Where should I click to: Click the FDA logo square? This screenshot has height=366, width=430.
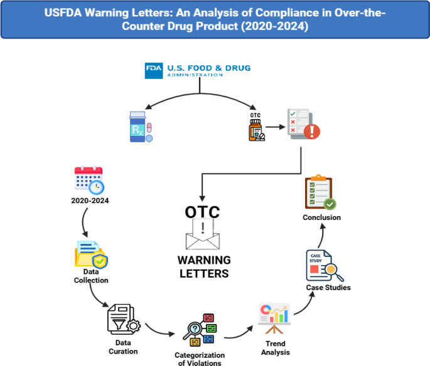(153, 70)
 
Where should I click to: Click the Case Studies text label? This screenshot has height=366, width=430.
(328, 288)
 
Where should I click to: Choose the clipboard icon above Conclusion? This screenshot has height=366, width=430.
(320, 193)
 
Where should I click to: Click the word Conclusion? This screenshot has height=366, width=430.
(320, 217)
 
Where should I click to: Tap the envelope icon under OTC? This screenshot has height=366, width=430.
(202, 236)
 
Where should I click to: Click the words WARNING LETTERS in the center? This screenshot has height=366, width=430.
(202, 266)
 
